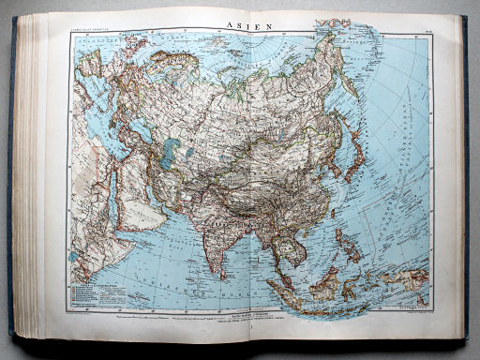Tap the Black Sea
coord(108,122)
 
